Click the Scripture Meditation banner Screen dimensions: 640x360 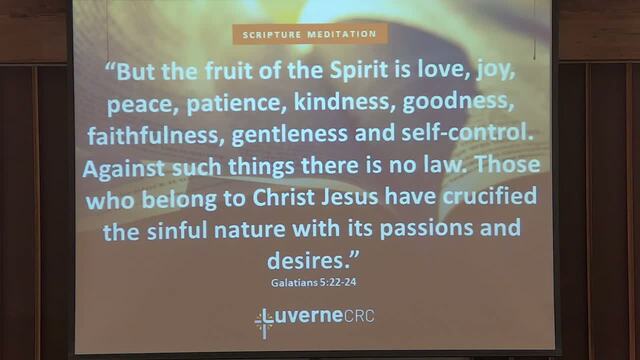coord(310,34)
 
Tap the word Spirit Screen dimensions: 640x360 coord(359,70)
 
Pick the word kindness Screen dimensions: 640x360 coord(344,101)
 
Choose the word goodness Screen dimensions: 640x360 coord(458,102)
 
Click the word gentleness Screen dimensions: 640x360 coord(290,134)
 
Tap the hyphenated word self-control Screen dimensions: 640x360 coord(467,133)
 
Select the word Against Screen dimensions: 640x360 coord(124,169)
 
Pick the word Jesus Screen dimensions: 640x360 coord(350,198)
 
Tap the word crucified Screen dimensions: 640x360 coord(490,196)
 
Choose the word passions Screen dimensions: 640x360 coord(426,229)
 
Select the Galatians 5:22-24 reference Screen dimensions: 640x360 coord(313,282)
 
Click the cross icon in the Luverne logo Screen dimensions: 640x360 coord(264,324)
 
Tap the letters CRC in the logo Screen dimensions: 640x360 coord(359,316)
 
